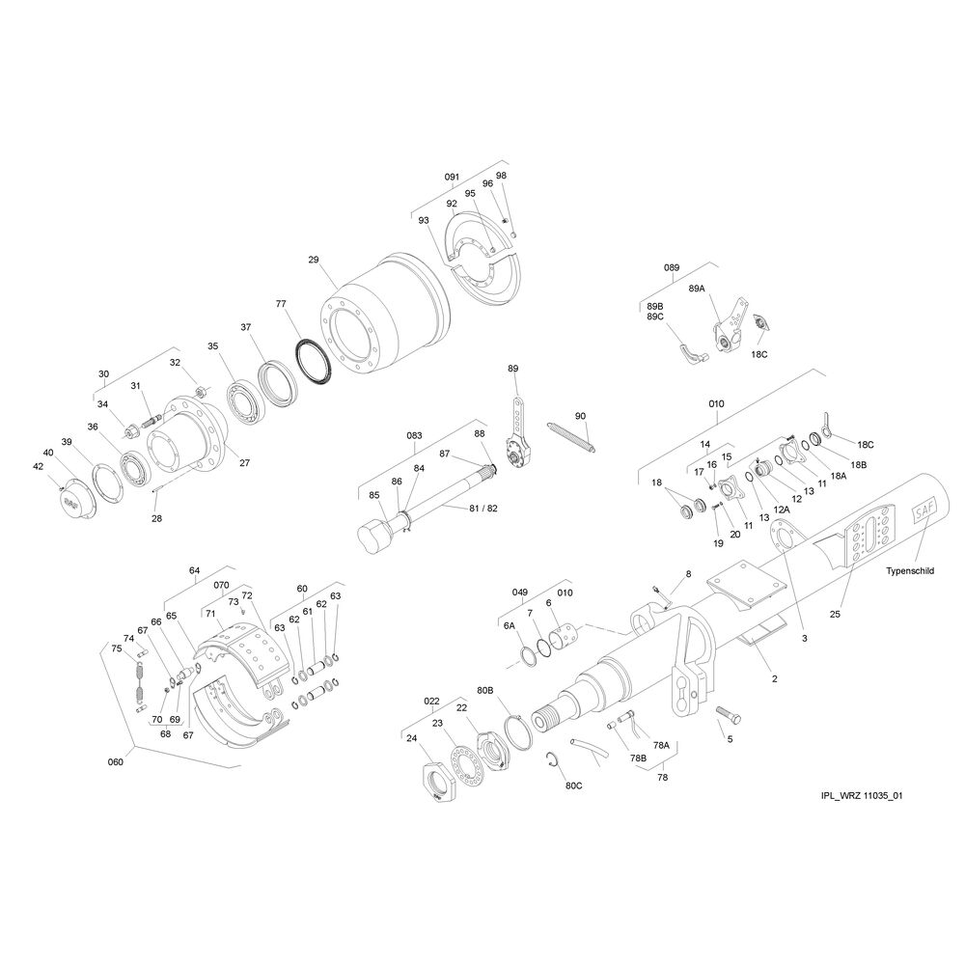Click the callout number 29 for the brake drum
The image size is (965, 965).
314,260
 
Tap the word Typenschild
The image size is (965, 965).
910,570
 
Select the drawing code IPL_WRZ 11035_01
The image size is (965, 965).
862,796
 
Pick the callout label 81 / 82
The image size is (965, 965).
483,509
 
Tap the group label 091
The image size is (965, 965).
452,178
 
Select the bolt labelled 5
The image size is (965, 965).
729,715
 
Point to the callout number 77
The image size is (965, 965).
281,303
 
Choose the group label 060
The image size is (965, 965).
115,762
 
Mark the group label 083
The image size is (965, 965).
414,436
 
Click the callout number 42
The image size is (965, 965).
39,466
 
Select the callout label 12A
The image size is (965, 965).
781,510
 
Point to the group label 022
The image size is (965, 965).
431,701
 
